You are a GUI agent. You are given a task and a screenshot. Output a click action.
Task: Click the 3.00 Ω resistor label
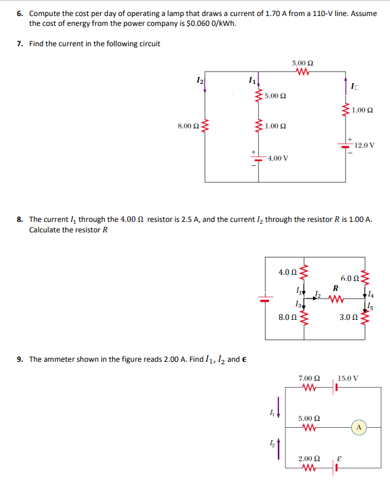[302, 63]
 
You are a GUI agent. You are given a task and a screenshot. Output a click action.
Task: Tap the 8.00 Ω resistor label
[187, 126]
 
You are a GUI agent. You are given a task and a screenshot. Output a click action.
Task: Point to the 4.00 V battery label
[278, 158]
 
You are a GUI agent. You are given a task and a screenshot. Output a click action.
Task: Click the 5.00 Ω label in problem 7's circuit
[275, 97]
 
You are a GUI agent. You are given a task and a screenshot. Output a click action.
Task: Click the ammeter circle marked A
[359, 426]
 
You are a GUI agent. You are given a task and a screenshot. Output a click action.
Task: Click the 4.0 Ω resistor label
[288, 272]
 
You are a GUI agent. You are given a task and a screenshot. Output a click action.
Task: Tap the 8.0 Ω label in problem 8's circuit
[288, 317]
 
